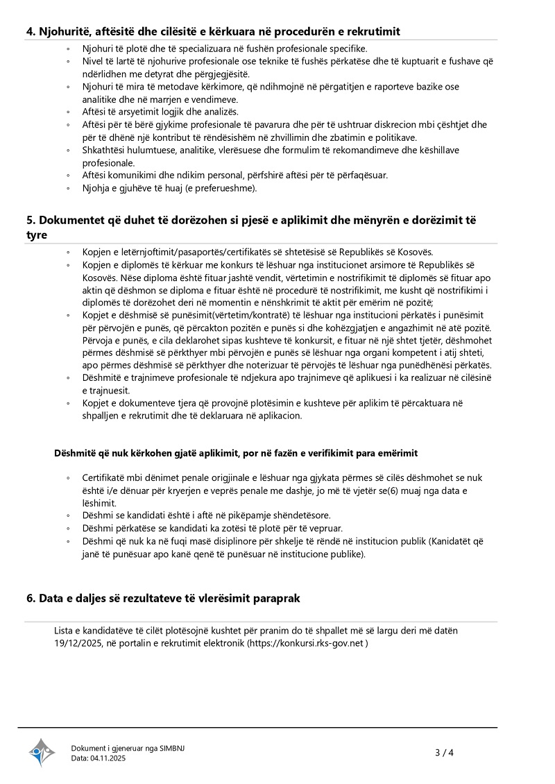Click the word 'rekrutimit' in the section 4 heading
click(x=373, y=31)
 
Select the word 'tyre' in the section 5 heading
click(x=38, y=235)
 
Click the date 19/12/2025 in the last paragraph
click(x=79, y=643)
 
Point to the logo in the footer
click(x=42, y=752)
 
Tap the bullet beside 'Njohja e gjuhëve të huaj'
click(x=68, y=188)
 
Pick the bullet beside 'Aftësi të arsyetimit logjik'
click(x=68, y=112)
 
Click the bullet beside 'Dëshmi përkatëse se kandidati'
click(x=68, y=528)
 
